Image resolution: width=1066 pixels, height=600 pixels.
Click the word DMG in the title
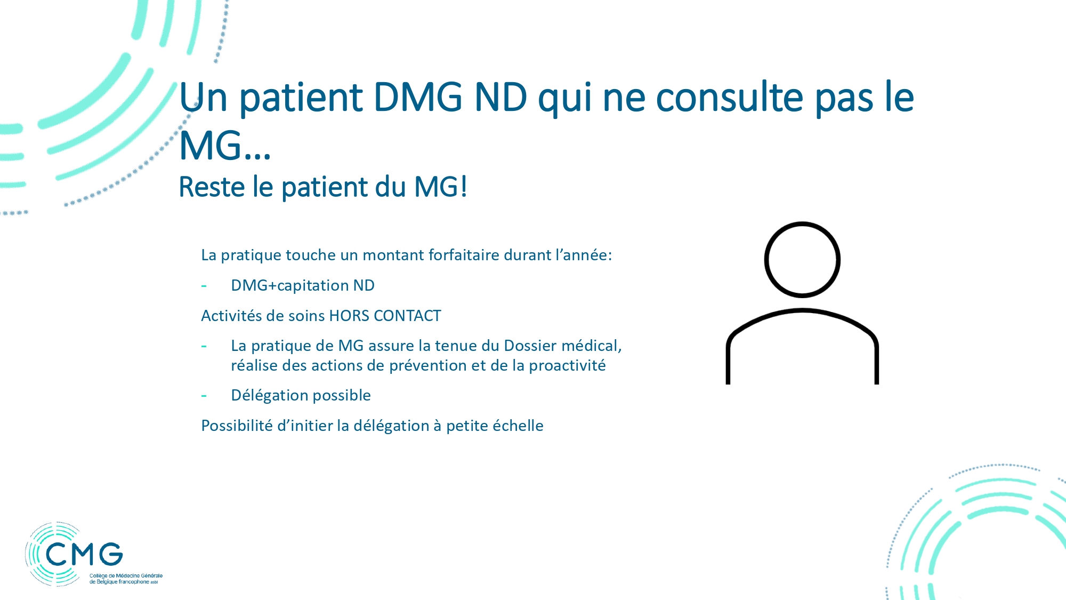[x=418, y=97]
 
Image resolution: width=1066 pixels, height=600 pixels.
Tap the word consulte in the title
[x=729, y=97]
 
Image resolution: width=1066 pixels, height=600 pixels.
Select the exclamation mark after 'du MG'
[x=464, y=187]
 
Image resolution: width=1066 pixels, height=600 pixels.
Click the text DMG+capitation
[x=290, y=285]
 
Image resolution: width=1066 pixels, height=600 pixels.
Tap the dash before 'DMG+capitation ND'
[x=204, y=286]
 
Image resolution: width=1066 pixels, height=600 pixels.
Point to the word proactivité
[x=567, y=366]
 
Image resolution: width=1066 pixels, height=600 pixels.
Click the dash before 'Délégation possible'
[x=204, y=396]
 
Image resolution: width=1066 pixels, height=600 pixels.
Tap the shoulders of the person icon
[x=802, y=310]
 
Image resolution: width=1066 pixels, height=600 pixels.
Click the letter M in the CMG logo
[x=84, y=555]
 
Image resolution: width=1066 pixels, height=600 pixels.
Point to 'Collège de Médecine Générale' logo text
[x=126, y=575]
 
